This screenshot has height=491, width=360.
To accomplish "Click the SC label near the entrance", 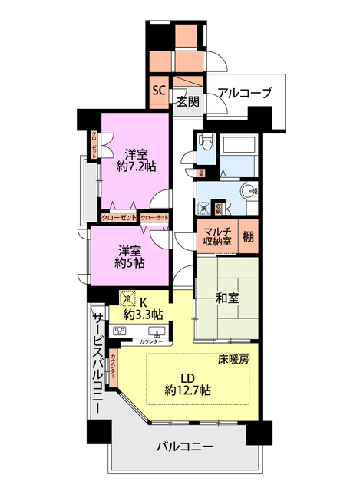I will click(x=159, y=89).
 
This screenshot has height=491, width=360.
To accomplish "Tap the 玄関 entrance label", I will click(x=187, y=101).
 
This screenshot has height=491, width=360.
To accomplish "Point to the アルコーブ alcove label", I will click(x=244, y=94).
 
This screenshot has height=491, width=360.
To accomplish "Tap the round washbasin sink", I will click(x=247, y=192).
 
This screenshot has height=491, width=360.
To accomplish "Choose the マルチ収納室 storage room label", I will click(x=217, y=237).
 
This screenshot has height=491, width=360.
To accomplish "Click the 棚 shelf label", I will click(x=249, y=237).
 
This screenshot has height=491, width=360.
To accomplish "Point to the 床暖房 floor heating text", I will click(x=234, y=359).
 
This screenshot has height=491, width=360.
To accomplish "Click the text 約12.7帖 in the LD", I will click(x=188, y=390).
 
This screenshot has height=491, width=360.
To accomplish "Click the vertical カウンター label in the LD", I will click(x=114, y=367).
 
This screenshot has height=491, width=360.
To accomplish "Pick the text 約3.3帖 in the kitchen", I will click(x=144, y=313).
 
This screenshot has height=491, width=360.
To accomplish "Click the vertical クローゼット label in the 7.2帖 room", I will click(x=94, y=145).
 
